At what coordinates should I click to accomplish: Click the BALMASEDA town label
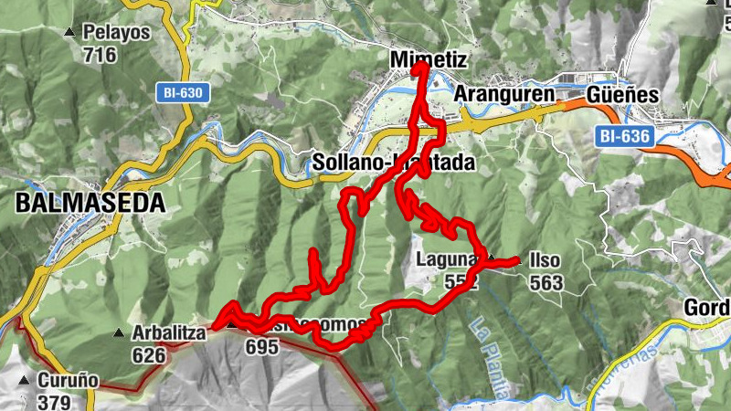click(90, 203)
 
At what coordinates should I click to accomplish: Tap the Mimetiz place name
click(428, 59)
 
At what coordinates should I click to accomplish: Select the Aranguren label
click(504, 95)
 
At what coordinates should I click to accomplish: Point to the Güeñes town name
click(623, 95)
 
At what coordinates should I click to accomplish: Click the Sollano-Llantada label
click(394, 163)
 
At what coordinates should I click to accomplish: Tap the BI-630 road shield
click(183, 92)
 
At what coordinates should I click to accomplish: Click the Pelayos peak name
click(116, 34)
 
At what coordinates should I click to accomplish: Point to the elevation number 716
click(100, 55)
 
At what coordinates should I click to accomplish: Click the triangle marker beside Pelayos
click(69, 34)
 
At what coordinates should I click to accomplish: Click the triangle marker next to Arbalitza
click(118, 333)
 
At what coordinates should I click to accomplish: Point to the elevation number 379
click(56, 401)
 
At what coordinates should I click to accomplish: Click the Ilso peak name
click(545, 261)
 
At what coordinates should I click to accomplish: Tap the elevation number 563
click(546, 282)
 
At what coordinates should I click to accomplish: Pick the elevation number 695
click(261, 347)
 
